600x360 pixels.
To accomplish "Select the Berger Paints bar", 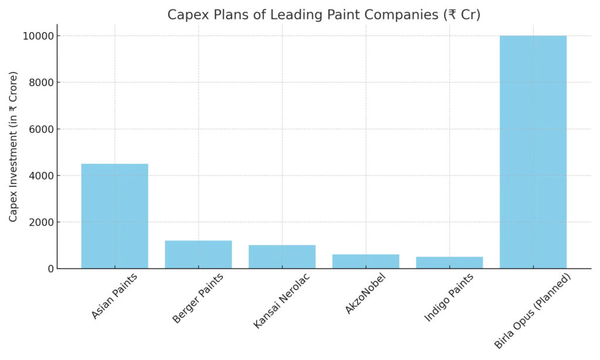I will [198, 254].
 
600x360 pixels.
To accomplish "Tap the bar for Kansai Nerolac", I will [282, 257].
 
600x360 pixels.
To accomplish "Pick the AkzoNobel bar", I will [366, 261].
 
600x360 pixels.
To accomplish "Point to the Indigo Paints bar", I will [449, 263].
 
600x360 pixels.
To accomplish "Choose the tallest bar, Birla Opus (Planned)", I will [533, 152].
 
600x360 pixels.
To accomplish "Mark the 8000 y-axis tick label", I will [39, 83].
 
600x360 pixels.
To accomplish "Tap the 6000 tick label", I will [39, 129].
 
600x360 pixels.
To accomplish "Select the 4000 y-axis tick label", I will [39, 176].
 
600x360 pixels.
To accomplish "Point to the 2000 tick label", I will [39, 222].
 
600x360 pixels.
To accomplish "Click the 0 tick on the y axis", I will [49, 269].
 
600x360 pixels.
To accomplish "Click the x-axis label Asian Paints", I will [114, 296].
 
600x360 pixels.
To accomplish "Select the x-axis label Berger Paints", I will [197, 298].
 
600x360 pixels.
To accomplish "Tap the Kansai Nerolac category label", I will [281, 301].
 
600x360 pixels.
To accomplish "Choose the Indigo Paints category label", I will [449, 298].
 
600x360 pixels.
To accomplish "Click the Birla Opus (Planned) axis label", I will [533, 310].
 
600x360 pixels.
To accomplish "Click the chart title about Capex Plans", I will [323, 15].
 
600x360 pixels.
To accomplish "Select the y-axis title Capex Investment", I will [13, 147].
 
